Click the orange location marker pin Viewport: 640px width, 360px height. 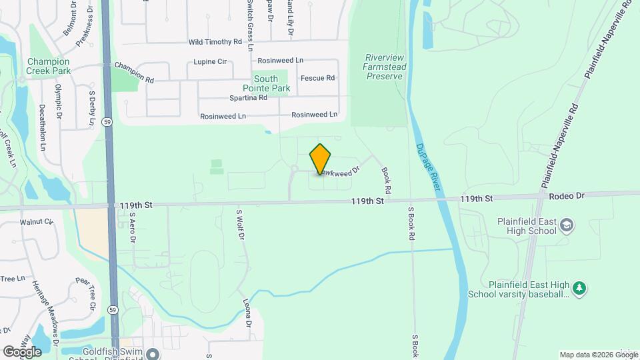click(x=320, y=159)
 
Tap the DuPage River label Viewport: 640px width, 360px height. click(x=428, y=168)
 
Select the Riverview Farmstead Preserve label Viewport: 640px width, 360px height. click(x=383, y=67)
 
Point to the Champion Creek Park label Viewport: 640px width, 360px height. click(x=48, y=66)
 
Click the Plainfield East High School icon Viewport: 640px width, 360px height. click(x=567, y=225)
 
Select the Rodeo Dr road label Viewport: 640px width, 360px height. click(x=567, y=196)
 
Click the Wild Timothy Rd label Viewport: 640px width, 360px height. click(x=215, y=41)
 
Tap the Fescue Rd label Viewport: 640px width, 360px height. click(x=317, y=78)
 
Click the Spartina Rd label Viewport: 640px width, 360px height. click(x=248, y=97)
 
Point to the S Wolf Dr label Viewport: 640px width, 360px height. click(x=240, y=225)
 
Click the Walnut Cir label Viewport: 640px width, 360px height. click(x=36, y=221)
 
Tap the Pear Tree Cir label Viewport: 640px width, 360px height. click(x=86, y=294)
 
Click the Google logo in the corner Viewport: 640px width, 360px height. click(x=22, y=351)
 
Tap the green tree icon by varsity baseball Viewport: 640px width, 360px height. click(x=580, y=288)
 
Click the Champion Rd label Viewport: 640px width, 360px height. click(x=134, y=73)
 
